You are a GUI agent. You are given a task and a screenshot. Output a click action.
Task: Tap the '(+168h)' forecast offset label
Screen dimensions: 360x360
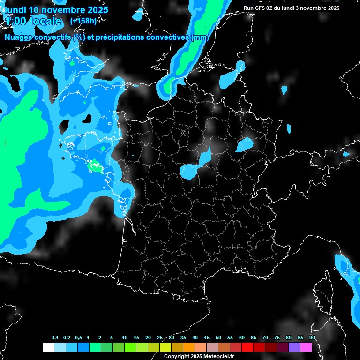pos(83,21)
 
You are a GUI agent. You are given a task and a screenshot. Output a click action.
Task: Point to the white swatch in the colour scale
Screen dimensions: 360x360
pos(48,347)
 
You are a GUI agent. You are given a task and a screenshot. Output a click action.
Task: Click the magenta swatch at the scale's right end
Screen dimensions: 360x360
pos(306,347)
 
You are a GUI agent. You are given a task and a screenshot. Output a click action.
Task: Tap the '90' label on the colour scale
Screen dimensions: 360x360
pos(312,338)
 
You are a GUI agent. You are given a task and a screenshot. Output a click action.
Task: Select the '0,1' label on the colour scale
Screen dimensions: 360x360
pos(55,338)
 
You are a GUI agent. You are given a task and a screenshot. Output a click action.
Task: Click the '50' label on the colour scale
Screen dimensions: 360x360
pos(218,338)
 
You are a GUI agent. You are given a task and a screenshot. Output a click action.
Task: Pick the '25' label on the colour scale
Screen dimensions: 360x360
pos(160,338)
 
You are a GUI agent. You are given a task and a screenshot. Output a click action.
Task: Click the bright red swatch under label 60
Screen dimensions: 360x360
pos(247,347)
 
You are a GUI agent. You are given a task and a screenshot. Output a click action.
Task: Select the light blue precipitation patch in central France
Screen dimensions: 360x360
pos(195,167)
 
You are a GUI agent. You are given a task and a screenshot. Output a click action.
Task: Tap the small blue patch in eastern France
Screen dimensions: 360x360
pos(244,145)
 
